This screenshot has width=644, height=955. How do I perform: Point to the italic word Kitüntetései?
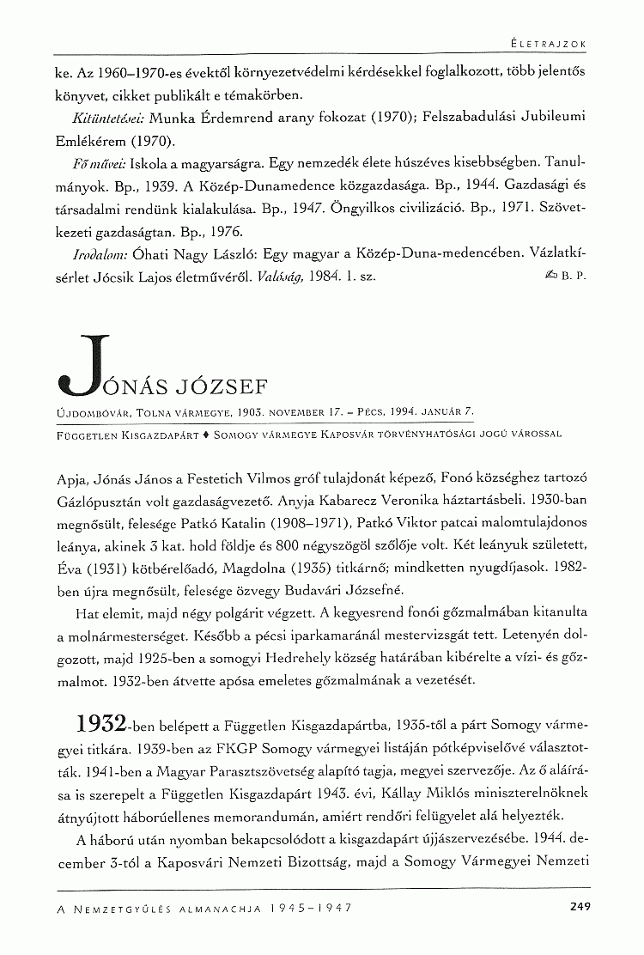point(100,117)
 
